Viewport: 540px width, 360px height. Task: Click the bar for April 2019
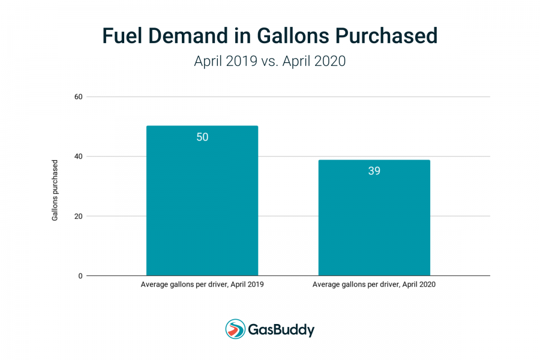click(x=202, y=200)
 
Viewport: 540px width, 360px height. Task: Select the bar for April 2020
click(x=374, y=218)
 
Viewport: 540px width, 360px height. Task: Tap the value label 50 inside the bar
click(x=202, y=137)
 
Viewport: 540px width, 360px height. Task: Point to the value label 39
click(x=374, y=171)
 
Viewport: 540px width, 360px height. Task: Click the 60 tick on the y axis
click(x=79, y=97)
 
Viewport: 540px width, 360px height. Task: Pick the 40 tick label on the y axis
click(x=79, y=157)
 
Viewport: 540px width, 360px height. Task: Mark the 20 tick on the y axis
click(x=79, y=217)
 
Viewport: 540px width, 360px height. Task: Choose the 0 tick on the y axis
click(x=80, y=276)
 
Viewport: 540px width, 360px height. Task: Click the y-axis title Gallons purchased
click(x=55, y=190)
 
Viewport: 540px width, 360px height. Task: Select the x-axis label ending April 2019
click(x=202, y=284)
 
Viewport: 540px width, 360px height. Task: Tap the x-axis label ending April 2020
click(x=374, y=284)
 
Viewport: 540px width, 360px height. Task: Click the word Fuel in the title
click(x=122, y=36)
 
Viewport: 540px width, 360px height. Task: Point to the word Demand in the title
click(x=188, y=36)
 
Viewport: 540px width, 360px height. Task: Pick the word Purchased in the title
click(x=386, y=36)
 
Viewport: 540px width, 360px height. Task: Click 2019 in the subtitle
click(x=241, y=61)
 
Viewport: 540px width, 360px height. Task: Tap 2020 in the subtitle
click(x=330, y=61)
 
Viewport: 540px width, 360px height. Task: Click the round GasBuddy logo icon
click(x=235, y=329)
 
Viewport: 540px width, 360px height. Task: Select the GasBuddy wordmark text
click(x=281, y=330)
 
